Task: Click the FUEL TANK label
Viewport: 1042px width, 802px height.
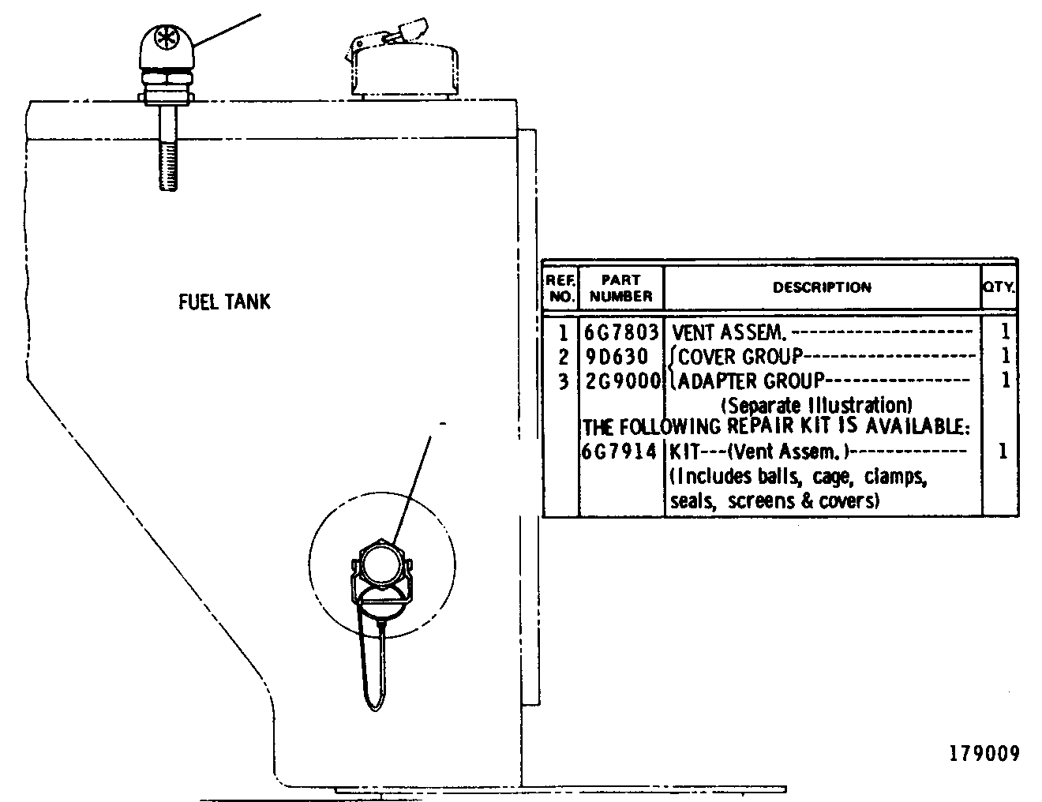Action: click(224, 302)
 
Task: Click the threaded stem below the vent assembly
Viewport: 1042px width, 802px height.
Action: click(168, 148)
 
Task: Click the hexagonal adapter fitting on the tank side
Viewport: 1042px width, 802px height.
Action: click(382, 565)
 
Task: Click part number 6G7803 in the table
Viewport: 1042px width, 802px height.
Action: click(621, 332)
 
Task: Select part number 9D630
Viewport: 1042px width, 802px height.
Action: click(617, 356)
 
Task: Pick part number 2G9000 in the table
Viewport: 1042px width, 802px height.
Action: click(623, 381)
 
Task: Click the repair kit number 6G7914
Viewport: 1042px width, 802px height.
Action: click(619, 451)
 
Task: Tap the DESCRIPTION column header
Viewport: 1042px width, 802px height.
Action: click(822, 287)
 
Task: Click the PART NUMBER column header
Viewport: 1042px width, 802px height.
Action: click(621, 287)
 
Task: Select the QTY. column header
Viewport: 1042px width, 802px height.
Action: click(999, 287)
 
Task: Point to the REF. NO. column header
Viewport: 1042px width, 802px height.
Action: click(560, 287)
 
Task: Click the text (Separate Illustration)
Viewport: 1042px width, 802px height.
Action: click(816, 406)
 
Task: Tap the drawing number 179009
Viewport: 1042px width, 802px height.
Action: click(984, 754)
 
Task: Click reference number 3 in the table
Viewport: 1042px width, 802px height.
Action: click(564, 381)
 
